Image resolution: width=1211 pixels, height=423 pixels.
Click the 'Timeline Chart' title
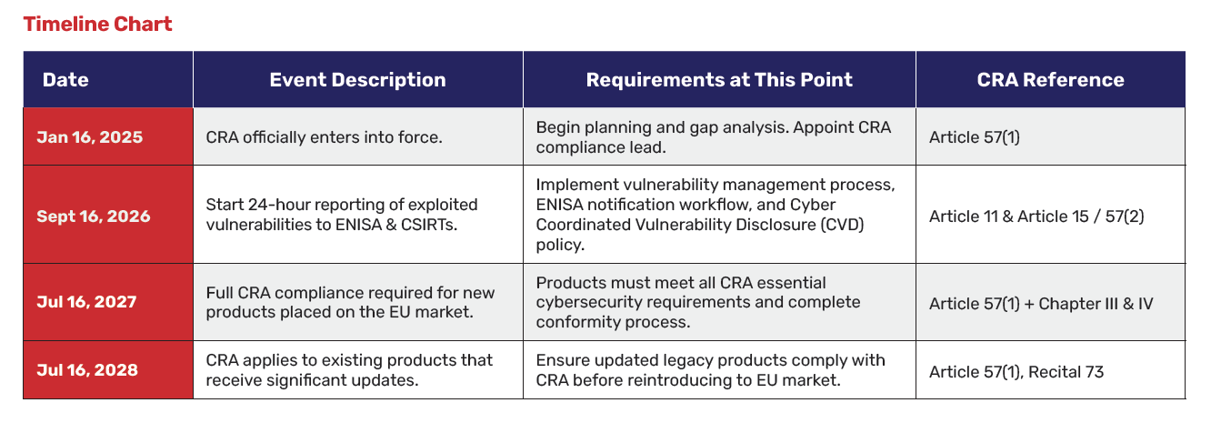tap(97, 24)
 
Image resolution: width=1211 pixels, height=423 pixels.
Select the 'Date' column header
tap(65, 79)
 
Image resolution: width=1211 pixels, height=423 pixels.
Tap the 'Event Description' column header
tap(357, 79)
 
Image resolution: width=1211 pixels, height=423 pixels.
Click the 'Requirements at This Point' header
tap(719, 79)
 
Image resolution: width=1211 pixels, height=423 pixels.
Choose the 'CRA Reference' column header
tap(1050, 79)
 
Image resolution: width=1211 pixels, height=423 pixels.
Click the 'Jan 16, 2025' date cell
tap(89, 137)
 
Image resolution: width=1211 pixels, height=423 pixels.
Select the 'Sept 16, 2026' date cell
tap(94, 216)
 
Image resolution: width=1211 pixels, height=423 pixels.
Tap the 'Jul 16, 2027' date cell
tap(87, 303)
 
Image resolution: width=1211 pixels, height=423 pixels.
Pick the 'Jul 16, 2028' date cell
tap(87, 370)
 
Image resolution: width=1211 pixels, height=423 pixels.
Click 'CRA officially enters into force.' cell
tap(324, 137)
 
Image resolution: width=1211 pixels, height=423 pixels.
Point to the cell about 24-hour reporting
tap(342, 216)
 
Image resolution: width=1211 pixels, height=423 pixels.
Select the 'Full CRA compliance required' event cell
tap(350, 303)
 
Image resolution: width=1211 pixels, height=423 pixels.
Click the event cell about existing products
tap(349, 370)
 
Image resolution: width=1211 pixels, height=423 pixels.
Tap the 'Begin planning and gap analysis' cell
tap(713, 137)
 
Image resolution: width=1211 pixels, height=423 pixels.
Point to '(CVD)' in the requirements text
tap(842, 225)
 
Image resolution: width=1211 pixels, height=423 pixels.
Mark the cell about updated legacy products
tap(710, 370)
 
